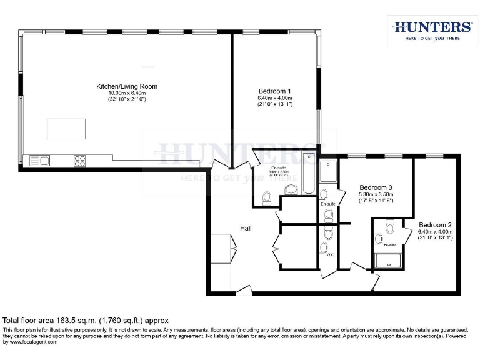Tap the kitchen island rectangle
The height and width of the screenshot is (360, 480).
click(66, 128)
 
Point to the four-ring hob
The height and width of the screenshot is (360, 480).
click(80, 161)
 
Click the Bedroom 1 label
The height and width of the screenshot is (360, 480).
click(275, 91)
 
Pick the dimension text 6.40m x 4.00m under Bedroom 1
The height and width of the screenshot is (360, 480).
click(275, 98)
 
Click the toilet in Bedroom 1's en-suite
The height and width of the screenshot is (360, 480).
click(267, 198)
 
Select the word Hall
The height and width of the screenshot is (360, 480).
click(246, 229)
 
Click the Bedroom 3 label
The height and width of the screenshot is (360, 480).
click(376, 187)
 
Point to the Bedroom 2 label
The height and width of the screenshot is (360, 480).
click(435, 225)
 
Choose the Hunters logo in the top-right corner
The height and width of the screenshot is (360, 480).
click(432, 29)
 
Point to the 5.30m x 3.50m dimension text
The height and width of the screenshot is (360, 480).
click(376, 194)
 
